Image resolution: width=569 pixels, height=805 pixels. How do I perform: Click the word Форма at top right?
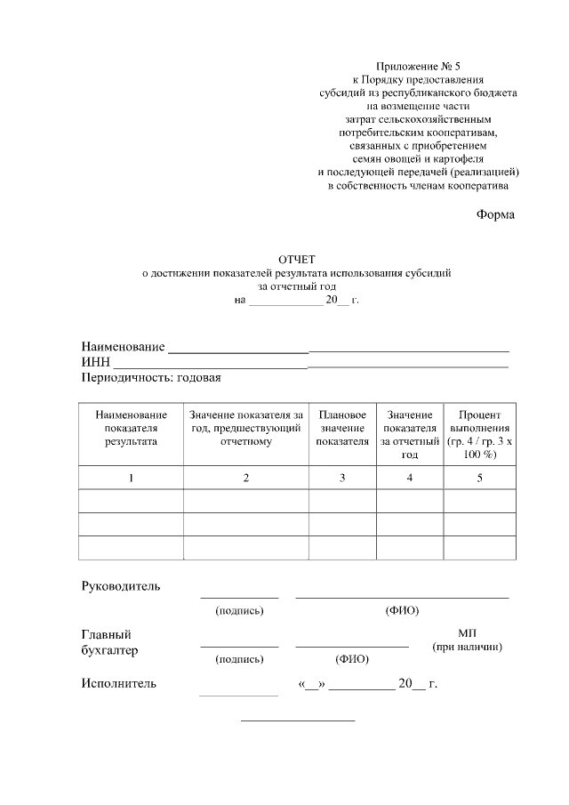pos(495,214)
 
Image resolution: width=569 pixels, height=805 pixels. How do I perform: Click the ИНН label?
pos(95,361)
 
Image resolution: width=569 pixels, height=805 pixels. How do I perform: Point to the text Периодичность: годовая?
pos(150,377)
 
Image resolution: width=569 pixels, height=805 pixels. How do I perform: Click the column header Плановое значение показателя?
pos(342,428)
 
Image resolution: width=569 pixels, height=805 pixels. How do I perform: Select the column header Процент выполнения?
pos(479,434)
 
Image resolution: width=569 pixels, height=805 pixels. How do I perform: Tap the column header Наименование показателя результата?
pos(131,428)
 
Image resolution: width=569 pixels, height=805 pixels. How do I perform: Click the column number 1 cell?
pos(131,479)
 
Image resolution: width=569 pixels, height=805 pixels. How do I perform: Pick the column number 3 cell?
pos(342,479)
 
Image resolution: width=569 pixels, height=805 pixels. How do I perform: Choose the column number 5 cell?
pos(479,479)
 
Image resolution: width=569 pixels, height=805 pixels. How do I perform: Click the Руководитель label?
pos(120,586)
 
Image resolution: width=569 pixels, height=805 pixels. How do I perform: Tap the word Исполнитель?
pos(118,684)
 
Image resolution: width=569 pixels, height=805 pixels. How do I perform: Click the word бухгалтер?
pos(109,650)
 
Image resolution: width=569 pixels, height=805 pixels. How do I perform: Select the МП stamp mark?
pos(468,632)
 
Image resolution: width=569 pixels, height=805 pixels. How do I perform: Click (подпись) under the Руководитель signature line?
pos(240,611)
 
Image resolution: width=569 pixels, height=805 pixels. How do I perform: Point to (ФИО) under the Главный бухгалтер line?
pos(351,660)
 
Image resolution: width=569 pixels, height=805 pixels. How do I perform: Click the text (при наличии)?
pos(468,647)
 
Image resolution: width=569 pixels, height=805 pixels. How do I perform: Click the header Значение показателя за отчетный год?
pos(409,434)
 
